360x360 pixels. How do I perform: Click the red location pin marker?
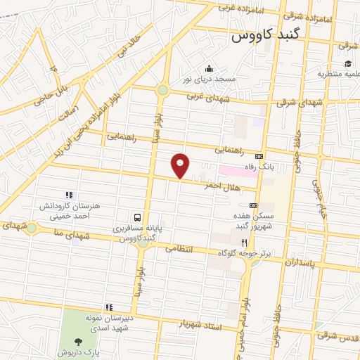[x=181, y=165]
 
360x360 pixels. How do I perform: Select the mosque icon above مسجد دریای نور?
[x=208, y=69]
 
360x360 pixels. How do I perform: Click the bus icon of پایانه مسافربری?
[x=139, y=217]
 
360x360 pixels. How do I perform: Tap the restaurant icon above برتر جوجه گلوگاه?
[x=244, y=240]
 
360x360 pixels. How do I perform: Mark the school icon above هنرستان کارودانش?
[x=69, y=195]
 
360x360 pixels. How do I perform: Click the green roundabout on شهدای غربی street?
[x=163, y=90]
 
